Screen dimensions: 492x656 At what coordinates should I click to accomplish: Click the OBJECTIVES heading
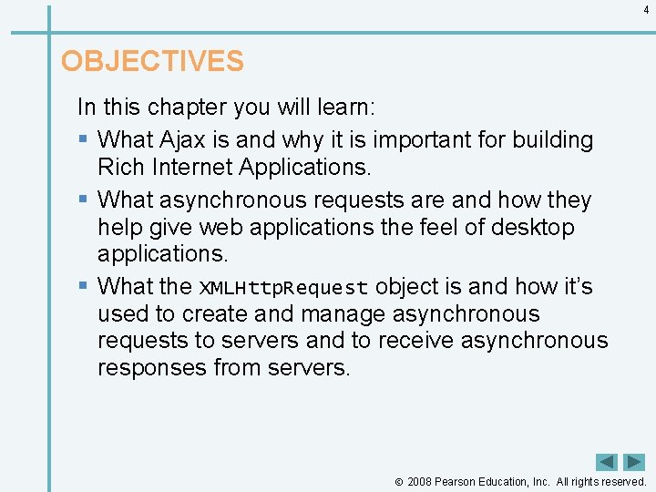(152, 61)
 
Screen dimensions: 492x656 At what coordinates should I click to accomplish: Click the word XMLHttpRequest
(283, 287)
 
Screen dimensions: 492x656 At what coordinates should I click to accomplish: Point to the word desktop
(533, 227)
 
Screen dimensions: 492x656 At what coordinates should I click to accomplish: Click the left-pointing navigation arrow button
(607, 462)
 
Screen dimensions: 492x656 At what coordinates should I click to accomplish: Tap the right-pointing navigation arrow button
(634, 462)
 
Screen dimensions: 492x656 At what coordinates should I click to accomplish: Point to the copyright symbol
(398, 482)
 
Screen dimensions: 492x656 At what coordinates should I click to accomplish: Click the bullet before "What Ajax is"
(83, 140)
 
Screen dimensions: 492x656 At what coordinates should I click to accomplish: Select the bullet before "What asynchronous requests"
(83, 200)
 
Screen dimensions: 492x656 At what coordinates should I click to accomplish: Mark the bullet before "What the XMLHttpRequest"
(83, 286)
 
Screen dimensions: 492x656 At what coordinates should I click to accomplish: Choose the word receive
(410, 341)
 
